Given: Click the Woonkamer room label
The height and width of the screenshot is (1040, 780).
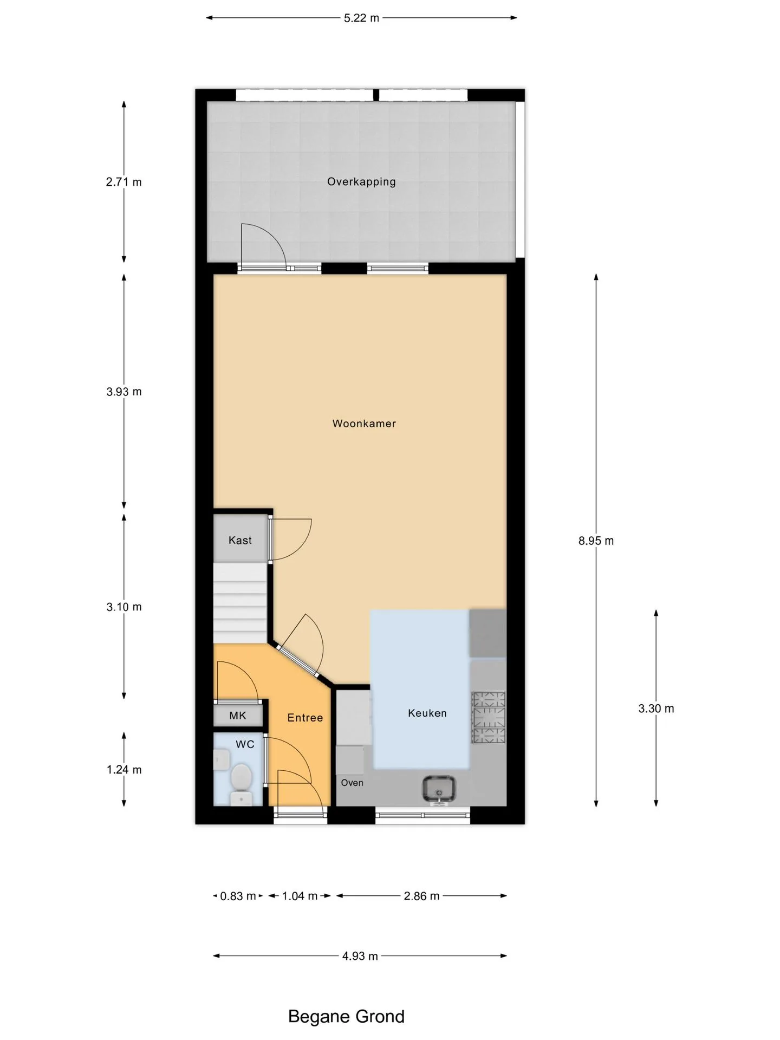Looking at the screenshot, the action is coord(364,424).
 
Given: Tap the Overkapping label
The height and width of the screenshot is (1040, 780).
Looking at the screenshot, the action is coord(361,182).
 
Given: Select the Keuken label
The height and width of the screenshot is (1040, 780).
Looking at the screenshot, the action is coord(427,713).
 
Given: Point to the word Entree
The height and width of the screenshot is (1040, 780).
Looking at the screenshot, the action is coord(305,718).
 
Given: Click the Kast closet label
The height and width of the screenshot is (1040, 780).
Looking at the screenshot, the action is coord(240,540).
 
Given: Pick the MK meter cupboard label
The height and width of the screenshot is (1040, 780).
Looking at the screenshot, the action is coord(238,716).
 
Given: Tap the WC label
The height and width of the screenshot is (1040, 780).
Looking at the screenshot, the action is coord(245,744).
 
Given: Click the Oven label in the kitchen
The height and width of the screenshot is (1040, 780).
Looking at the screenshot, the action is coord(352,783).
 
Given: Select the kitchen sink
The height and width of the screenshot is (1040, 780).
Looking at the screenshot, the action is coord(439,789).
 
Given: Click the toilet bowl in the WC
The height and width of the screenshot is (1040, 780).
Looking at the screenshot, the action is coord(241,778).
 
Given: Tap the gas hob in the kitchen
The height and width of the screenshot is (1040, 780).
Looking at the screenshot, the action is coord(489,717).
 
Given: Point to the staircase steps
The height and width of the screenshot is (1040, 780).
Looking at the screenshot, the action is coord(240,603).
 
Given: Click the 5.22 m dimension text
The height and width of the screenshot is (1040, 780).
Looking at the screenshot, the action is coord(362,18).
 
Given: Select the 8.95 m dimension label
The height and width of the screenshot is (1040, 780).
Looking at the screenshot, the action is coord(596,541).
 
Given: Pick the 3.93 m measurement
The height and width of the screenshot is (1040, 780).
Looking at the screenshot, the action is coord(124,392).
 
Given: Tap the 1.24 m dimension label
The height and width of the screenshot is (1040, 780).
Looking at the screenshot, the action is coord(124,770).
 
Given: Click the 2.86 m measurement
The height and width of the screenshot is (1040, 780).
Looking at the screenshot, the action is coord(421,896).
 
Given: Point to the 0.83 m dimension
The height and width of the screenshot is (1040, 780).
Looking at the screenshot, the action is coord(238,896).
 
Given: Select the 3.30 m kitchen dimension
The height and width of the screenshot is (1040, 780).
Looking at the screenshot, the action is coord(656,708).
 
